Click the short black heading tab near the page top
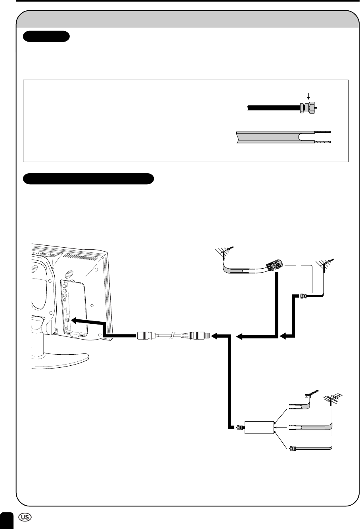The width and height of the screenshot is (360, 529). click(x=46, y=37)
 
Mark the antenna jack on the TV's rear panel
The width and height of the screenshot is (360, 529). click(x=67, y=319)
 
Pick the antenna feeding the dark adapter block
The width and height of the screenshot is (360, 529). click(x=225, y=250)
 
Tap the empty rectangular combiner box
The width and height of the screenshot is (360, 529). click(x=259, y=428)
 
